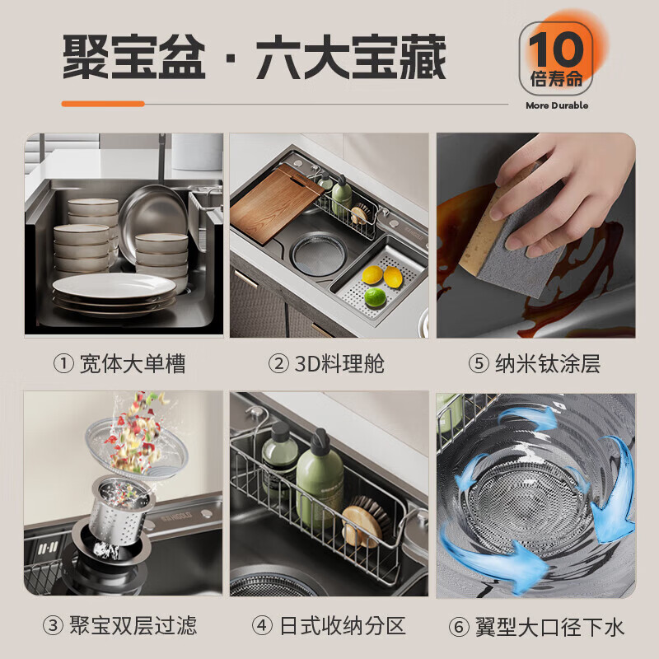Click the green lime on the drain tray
tap(375, 297)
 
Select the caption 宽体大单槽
tap(133, 364)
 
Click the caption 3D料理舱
tap(339, 364)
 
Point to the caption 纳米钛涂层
tap(548, 364)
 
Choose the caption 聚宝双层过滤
tap(133, 626)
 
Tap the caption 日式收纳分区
tap(343, 626)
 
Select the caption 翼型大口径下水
tap(549, 627)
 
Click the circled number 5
tap(479, 364)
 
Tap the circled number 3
tap(54, 626)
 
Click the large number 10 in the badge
tap(557, 49)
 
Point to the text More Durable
tap(557, 106)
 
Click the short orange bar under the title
tap(103, 104)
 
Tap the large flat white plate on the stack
tap(115, 287)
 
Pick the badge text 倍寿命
tap(557, 79)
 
